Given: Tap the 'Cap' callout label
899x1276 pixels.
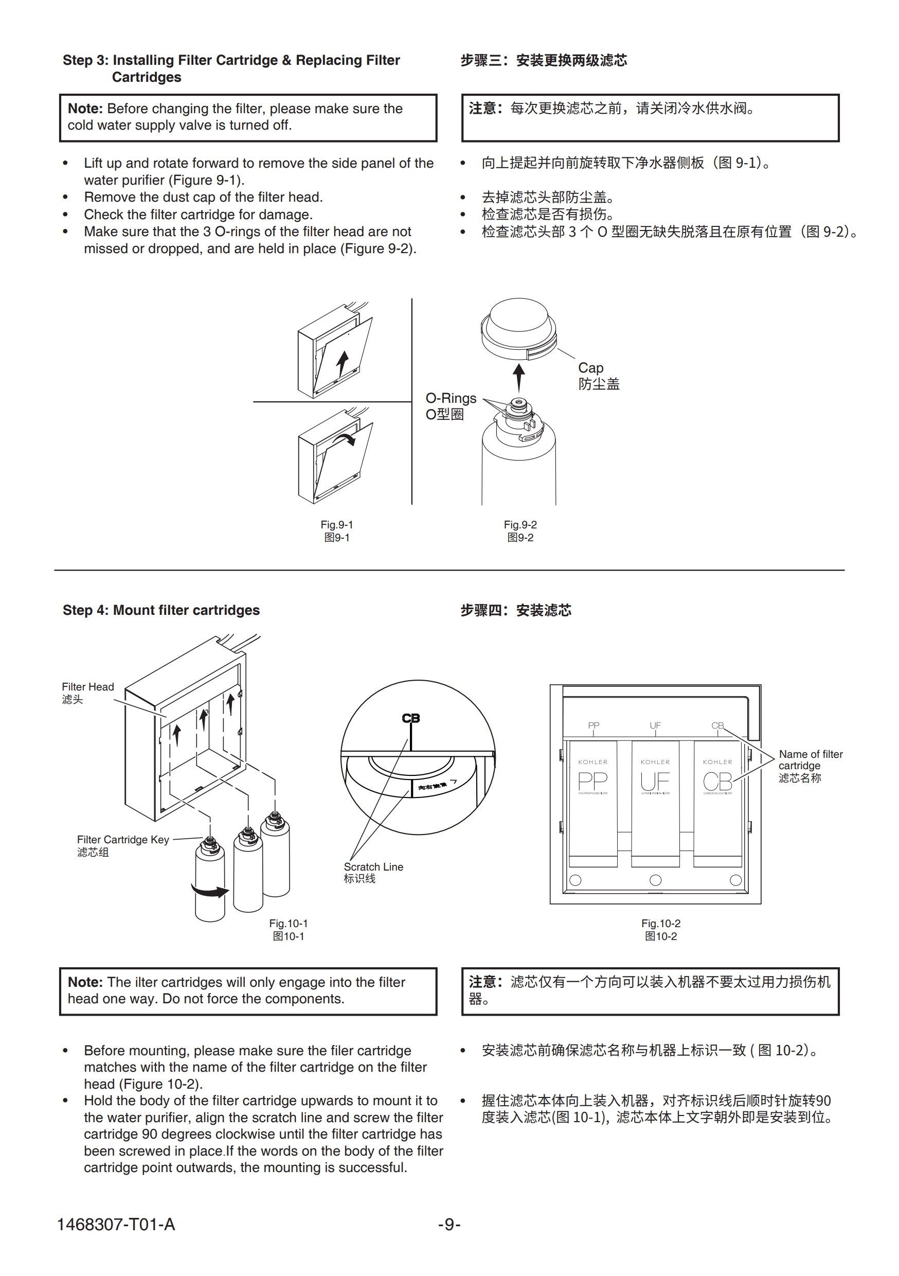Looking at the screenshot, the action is [x=590, y=368].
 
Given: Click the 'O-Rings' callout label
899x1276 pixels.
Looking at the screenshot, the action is [x=451, y=398].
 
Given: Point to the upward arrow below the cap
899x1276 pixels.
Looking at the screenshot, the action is [x=518, y=378].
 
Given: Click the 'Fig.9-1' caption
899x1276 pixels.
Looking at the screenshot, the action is [x=337, y=525].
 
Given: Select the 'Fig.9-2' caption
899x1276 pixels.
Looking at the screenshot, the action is [x=520, y=525].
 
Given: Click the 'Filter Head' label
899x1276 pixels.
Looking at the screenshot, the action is [x=88, y=687].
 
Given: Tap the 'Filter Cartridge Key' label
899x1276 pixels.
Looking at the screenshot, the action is [x=123, y=840].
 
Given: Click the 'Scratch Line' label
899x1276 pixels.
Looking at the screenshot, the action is [x=373, y=867].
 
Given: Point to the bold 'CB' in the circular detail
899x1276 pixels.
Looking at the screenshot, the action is [x=410, y=719].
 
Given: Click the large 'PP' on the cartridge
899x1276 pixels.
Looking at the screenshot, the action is [x=593, y=782].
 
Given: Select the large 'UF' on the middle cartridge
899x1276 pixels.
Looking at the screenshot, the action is [x=655, y=782].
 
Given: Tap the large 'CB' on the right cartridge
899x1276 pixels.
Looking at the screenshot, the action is [x=717, y=782].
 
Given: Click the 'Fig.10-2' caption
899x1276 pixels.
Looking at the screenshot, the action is [x=661, y=924].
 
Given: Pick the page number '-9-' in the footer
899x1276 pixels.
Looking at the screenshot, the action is [x=449, y=1225].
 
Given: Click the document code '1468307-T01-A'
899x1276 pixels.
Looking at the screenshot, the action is [x=116, y=1225].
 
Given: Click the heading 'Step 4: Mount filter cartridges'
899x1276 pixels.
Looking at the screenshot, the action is [x=161, y=610].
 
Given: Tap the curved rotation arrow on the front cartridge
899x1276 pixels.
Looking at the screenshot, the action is [x=209, y=891].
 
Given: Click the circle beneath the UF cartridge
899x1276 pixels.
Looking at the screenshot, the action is [x=656, y=880].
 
